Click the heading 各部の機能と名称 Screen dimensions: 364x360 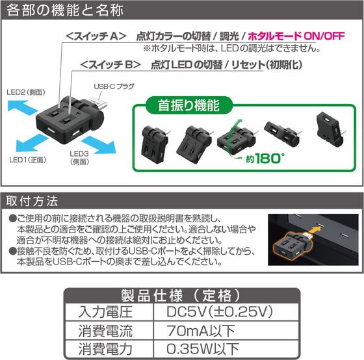point(65,10)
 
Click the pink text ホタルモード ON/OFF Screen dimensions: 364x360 point(296,36)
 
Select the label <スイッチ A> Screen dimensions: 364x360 point(96,36)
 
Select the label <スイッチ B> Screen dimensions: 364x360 point(110,64)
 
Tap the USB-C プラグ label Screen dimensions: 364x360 point(114,86)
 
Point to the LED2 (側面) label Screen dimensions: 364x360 point(26,92)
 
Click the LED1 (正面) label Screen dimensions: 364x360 point(28,160)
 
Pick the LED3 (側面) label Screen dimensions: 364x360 point(79,158)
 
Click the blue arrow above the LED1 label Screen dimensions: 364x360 point(31,143)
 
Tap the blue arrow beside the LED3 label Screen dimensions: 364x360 point(99,145)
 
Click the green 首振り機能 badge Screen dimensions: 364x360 point(188,106)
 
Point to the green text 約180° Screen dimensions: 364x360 point(265,159)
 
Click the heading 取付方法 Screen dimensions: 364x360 point(32,201)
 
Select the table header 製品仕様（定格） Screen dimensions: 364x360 point(182,296)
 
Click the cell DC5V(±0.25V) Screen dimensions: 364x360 point(220,312)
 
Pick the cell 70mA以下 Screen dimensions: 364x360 point(201,331)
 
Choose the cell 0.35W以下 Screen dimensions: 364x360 point(203,348)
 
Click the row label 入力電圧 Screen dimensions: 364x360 point(105,312)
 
